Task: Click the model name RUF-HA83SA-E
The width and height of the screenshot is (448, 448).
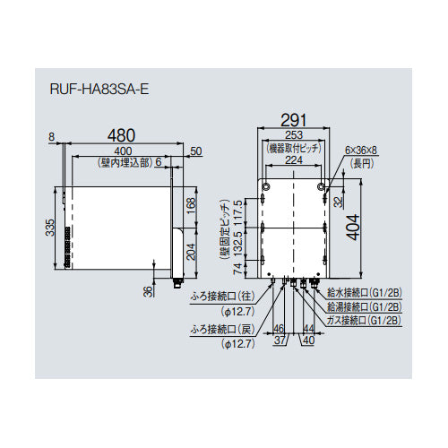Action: point(99,89)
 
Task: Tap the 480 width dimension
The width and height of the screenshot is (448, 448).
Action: point(121,135)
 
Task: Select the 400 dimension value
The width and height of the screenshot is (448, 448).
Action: point(122,151)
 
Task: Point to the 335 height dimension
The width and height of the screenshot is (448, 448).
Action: point(50,228)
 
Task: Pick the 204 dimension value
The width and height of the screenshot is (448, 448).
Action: point(191,252)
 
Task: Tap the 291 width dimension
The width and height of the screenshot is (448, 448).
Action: point(294,120)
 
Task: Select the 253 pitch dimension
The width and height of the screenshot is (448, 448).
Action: point(294,135)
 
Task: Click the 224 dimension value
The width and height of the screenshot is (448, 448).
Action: point(294,160)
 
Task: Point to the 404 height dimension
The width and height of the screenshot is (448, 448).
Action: point(354,228)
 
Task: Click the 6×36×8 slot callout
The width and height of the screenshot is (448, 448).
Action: point(360,151)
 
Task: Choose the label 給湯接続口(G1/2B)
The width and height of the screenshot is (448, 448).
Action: point(365,306)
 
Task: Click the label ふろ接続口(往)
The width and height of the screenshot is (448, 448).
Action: point(222,297)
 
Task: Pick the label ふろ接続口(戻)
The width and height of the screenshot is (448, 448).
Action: point(222,329)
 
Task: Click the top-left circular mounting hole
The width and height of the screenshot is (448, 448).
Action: point(266,187)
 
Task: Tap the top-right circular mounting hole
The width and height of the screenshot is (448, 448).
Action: point(321,187)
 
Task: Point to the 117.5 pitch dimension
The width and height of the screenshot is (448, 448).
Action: point(238,212)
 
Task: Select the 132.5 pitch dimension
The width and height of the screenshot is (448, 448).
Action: point(238,244)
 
